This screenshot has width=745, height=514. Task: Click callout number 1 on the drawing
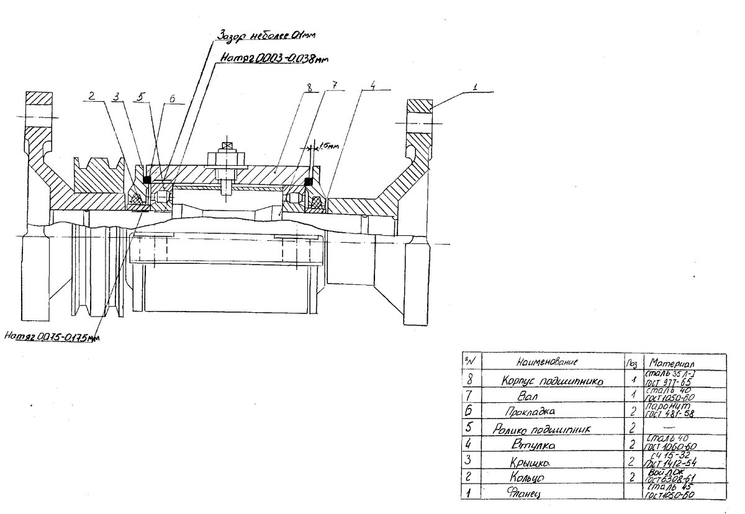click(x=474, y=88)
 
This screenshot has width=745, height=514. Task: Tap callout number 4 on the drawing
click(x=371, y=88)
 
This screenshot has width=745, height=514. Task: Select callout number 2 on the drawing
click(x=91, y=97)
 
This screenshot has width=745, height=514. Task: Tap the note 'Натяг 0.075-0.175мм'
click(x=52, y=336)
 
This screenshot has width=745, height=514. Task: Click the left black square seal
click(x=148, y=179)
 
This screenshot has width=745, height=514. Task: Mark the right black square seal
click(x=307, y=181)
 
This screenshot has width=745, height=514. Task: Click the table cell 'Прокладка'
click(x=530, y=411)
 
